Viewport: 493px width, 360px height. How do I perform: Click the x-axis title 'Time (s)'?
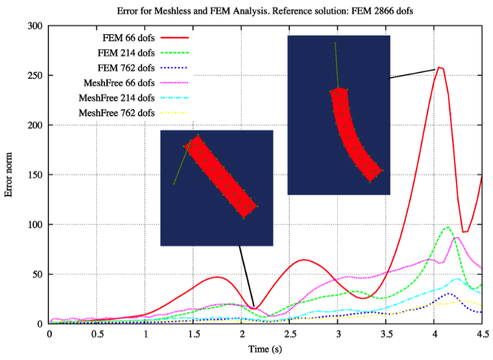265,349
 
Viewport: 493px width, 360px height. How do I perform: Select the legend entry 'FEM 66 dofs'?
127,38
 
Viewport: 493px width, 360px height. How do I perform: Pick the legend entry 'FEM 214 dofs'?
124,53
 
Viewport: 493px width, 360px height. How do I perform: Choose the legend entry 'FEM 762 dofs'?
124,68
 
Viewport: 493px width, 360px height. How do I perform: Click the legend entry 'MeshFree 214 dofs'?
115,97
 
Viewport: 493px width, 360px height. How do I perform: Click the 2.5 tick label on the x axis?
289,334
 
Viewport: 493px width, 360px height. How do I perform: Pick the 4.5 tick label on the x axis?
481,334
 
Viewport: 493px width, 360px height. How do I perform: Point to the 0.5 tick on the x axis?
97,334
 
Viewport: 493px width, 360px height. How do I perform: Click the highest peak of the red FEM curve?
440,67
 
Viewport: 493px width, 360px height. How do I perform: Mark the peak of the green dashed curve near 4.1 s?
447,227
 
